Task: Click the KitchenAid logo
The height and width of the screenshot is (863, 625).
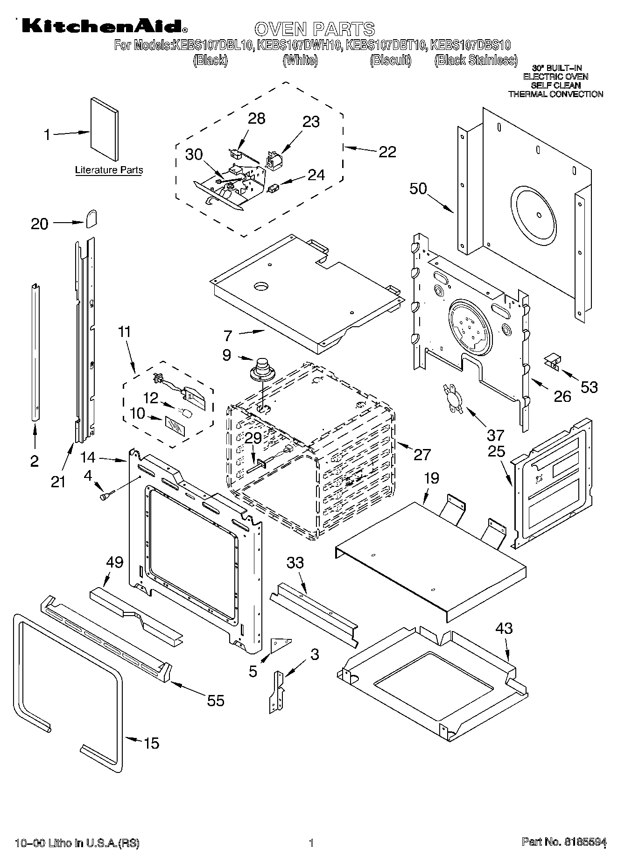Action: (x=102, y=27)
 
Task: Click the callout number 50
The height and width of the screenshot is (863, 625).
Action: (x=418, y=189)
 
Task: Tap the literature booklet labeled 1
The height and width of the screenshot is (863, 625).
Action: (x=104, y=128)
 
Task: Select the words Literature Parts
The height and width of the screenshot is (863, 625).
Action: (x=109, y=170)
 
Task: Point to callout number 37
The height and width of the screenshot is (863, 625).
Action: (x=495, y=435)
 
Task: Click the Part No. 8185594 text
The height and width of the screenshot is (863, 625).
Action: (x=564, y=842)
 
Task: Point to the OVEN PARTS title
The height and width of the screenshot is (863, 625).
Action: (x=314, y=28)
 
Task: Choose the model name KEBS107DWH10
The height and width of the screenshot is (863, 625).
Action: (x=301, y=45)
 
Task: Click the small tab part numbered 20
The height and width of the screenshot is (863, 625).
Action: (x=91, y=218)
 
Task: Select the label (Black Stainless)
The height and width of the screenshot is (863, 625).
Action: (x=476, y=60)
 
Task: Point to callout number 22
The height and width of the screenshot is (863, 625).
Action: (x=387, y=151)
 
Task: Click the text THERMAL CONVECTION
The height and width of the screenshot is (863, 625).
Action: (x=555, y=94)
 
